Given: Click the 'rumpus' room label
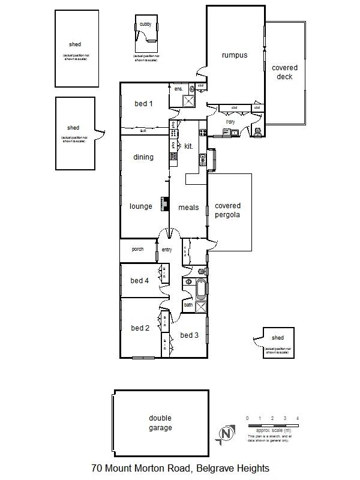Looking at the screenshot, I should click(x=234, y=55).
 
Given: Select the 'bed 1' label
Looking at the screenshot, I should click(x=143, y=104).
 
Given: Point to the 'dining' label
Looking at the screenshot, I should click(x=143, y=157).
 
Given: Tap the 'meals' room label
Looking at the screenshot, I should click(x=188, y=207).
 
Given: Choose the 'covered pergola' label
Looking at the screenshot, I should click(x=227, y=210).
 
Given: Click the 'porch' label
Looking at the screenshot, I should click(x=137, y=249).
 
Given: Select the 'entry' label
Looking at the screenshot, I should click(x=166, y=250).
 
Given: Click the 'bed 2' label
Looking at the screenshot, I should click(x=140, y=328).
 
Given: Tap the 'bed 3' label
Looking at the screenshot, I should click(x=189, y=335).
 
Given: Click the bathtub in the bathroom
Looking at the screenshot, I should click(x=200, y=290).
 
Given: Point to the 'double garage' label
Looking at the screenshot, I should click(x=160, y=423).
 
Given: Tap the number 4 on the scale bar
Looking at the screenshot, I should click(x=298, y=418).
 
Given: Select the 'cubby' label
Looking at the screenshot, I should click(x=145, y=24).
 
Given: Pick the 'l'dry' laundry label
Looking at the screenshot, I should click(x=230, y=122).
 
